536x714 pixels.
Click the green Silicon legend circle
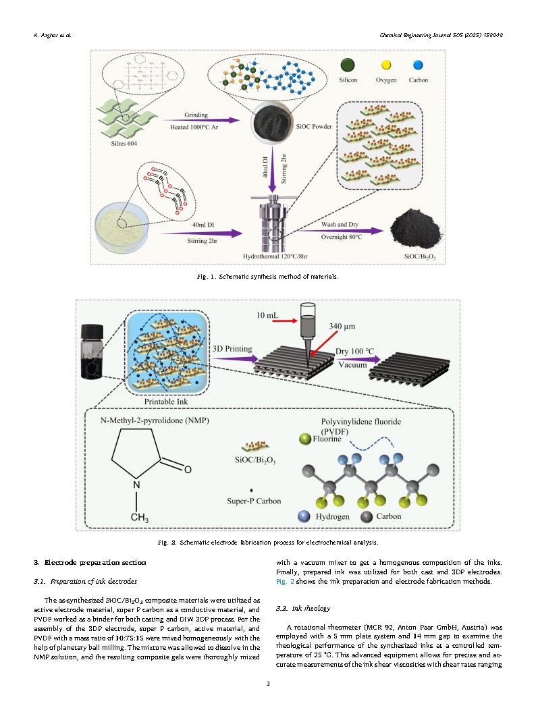pos(348,65)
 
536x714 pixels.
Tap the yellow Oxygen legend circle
pos(386,65)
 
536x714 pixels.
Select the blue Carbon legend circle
pos(418,65)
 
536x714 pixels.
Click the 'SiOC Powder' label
pos(314,126)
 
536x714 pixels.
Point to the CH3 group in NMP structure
pos(138,518)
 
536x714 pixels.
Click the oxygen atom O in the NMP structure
pos(188,468)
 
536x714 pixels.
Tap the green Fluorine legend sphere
pos(305,439)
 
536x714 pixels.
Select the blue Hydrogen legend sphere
pos(305,516)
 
